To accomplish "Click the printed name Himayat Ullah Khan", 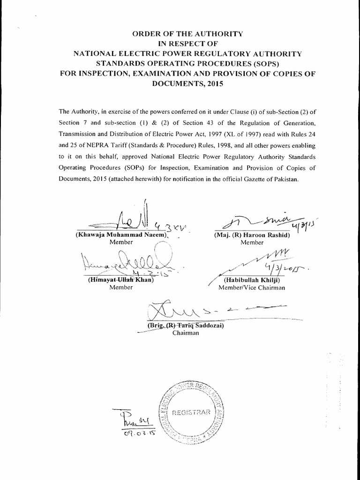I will click(121, 280).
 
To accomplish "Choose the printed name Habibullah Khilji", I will click(252, 280).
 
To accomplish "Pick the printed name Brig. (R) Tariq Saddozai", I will click(179, 325).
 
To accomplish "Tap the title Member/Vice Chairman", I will click(252, 288).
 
